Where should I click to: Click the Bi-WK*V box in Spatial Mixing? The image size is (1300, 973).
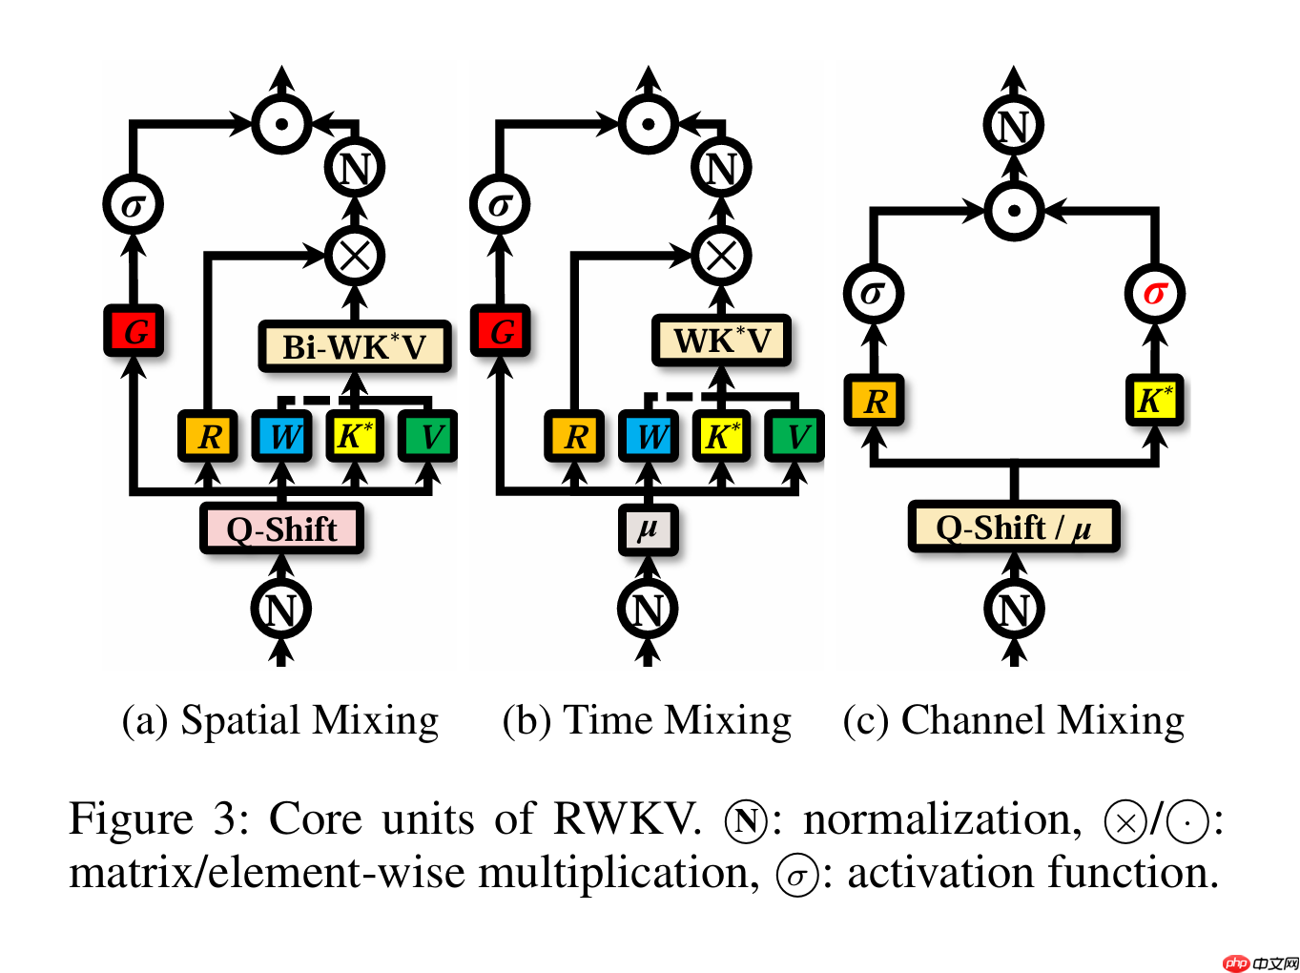[x=354, y=346]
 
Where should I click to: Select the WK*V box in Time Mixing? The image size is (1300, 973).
[x=721, y=341]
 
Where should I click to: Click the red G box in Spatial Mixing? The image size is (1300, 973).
[x=134, y=331]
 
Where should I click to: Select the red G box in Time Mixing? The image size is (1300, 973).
[x=501, y=331]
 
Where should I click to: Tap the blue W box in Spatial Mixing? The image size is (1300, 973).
[x=281, y=437]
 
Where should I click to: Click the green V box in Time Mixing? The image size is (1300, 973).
[x=795, y=437]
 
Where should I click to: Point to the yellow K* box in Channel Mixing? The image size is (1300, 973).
[x=1154, y=400]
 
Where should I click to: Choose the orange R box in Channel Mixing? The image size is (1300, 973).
[x=874, y=400]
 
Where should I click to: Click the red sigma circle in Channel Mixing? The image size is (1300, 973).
[x=1154, y=293]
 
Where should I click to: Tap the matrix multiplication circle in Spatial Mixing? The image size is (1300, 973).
[x=355, y=255]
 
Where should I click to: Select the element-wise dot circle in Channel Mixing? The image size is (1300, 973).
[x=1014, y=211]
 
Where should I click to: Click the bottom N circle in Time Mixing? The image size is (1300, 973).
[x=648, y=609]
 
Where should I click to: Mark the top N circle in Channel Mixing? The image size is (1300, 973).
[x=1014, y=125]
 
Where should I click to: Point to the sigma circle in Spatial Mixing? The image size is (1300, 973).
[x=134, y=204]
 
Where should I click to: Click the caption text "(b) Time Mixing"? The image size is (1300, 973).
[x=647, y=720]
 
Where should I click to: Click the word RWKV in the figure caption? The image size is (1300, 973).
[x=627, y=819]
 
